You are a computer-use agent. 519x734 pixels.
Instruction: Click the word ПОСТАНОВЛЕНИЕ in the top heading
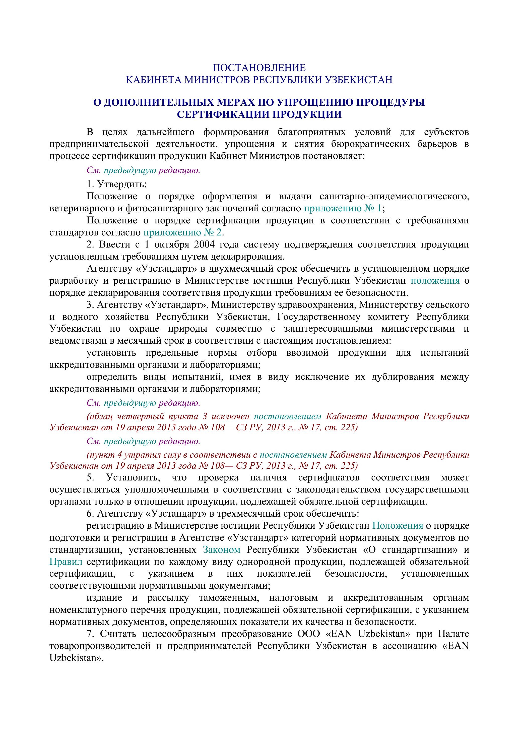click(x=259, y=68)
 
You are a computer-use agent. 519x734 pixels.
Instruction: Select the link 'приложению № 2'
click(x=182, y=232)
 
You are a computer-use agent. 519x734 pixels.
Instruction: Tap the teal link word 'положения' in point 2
click(x=435, y=281)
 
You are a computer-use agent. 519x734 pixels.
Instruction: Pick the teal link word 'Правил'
click(x=66, y=562)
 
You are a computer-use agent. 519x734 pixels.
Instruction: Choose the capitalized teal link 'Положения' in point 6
click(x=398, y=526)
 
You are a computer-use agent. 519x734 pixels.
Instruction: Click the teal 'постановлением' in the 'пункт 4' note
click(x=293, y=455)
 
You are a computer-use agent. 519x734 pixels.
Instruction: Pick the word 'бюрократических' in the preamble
click(x=370, y=144)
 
